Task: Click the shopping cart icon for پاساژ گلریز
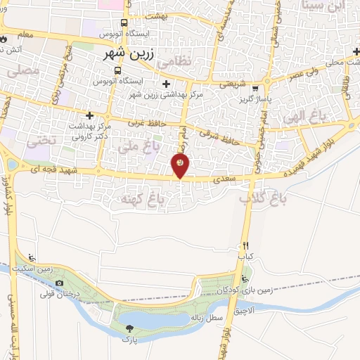[255, 89]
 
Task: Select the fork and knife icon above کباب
[245, 246]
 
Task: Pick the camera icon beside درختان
[59, 283]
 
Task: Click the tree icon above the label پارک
[129, 328]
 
